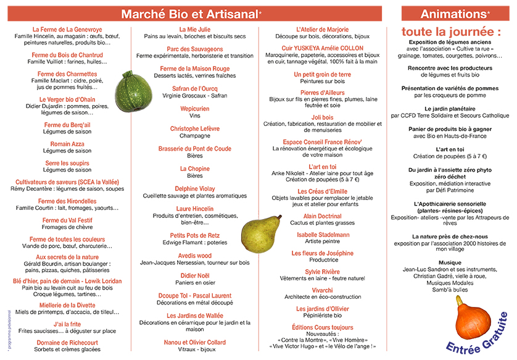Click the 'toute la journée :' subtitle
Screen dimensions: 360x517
(451, 31)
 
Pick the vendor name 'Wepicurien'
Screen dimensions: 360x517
(195, 109)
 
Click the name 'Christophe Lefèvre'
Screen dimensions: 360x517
(195, 128)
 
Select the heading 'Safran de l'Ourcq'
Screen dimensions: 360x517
(195, 89)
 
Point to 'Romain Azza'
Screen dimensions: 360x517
(67, 144)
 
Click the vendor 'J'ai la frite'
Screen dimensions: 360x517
(67, 324)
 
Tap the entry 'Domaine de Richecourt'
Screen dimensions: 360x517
(67, 343)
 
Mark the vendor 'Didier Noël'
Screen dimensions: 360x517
(195, 275)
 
